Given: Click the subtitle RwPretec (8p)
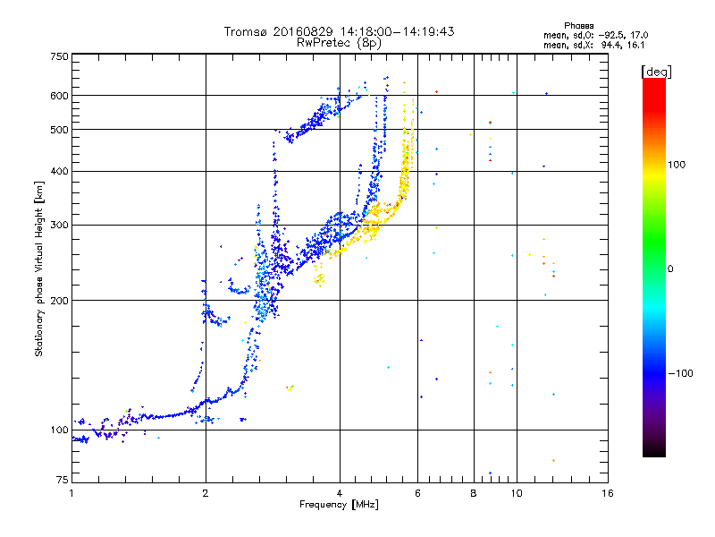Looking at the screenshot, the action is (x=339, y=43).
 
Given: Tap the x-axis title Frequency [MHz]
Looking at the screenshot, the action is (x=339, y=505).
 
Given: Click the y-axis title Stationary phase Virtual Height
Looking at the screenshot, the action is (x=38, y=268).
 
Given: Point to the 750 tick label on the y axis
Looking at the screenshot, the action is (x=59, y=56).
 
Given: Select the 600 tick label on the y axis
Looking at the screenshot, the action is (x=59, y=96).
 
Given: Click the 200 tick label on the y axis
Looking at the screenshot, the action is (x=59, y=301).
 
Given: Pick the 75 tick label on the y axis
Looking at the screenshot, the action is (x=62, y=480).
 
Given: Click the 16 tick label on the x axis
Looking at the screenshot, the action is (x=608, y=493).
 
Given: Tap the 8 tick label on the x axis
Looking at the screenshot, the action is (x=474, y=493).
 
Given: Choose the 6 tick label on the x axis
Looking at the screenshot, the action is (x=417, y=493).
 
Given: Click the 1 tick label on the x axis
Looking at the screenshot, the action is (x=71, y=493).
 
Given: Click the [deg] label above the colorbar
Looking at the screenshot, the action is (x=656, y=72).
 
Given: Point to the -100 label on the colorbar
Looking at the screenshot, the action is (x=680, y=373).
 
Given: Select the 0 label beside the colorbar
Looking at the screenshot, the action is (x=670, y=269).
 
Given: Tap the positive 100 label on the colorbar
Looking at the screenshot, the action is (x=677, y=165).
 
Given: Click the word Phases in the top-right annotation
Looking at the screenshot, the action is (x=578, y=26).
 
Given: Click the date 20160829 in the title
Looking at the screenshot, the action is (x=303, y=31).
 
